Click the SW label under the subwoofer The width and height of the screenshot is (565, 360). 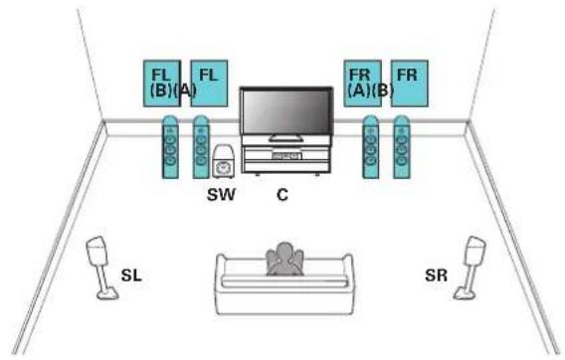pos(221,195)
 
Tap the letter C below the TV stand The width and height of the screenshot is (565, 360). pos(282,195)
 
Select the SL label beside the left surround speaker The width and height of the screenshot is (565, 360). pos(131,275)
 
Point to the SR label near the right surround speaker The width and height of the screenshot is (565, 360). pos(436,275)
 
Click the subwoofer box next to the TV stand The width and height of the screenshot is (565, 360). pos(223,161)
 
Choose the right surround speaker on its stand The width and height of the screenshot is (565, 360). pos(471,268)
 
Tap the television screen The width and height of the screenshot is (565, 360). pos(286,111)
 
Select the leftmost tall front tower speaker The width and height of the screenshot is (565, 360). pos(170,147)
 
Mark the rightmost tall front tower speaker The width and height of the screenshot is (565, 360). pos(402,147)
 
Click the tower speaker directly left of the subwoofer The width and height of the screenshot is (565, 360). pos(201,147)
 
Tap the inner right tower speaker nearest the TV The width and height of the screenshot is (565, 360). pos(370,147)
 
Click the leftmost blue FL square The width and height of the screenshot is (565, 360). pos(162,84)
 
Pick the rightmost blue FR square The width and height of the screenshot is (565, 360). pos(410,84)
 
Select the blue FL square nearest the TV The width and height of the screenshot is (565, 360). pos(209,84)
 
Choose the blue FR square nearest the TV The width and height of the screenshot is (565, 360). pos(362,84)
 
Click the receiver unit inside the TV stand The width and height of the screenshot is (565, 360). pos(286,156)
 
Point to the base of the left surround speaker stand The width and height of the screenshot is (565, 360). pos(107,293)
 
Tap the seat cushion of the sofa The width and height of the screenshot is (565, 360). pos(284,281)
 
